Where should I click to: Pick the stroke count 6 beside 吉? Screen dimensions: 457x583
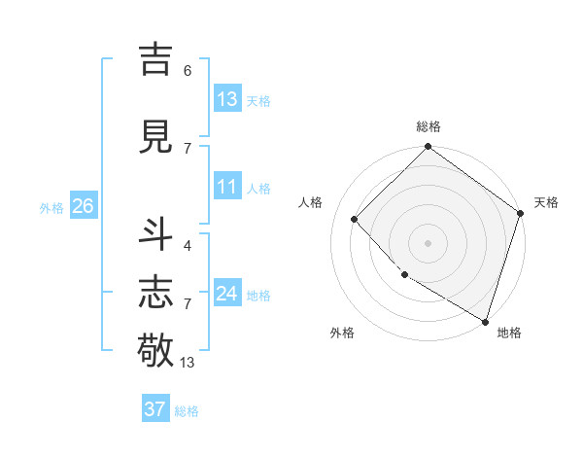(188, 70)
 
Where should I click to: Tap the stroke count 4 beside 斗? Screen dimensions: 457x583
(188, 245)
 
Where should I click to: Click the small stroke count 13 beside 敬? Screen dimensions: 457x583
(188, 363)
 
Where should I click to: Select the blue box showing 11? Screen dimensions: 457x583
(227, 188)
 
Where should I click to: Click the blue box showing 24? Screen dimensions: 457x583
(227, 295)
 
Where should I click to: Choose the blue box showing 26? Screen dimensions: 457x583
(83, 206)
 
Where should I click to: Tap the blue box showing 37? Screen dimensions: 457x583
(155, 409)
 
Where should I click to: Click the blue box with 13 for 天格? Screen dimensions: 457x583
(227, 99)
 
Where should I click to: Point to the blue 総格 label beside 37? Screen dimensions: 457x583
(187, 411)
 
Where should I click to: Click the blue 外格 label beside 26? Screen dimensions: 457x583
(51, 208)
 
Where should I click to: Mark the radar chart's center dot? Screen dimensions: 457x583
(428, 242)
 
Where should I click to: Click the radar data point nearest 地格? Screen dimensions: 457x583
(485, 320)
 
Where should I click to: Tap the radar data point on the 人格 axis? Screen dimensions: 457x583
(355, 220)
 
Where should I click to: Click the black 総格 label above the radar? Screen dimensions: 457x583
(429, 126)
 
